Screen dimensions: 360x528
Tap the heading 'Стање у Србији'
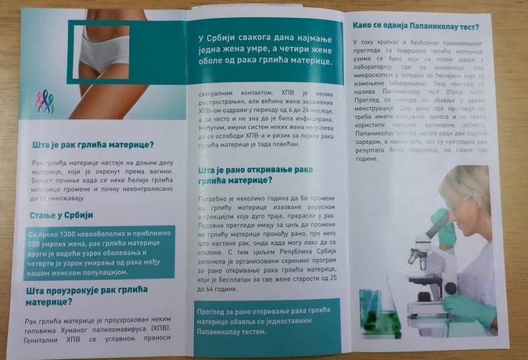61,215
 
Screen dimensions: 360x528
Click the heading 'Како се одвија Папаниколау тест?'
415,27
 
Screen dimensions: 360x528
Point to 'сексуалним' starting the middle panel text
222,93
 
